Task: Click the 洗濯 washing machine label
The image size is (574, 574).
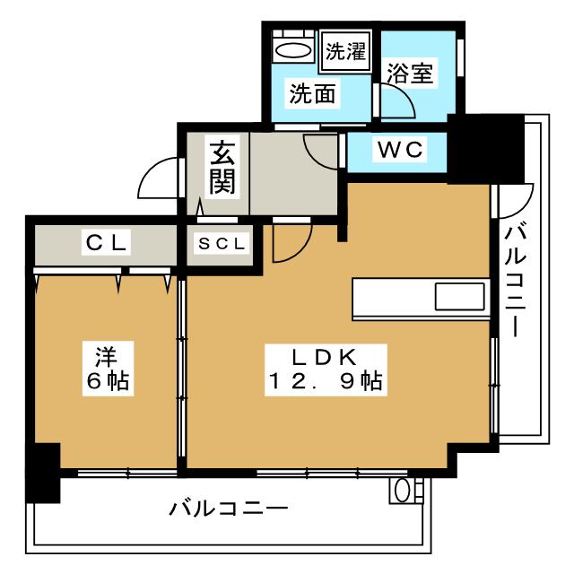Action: pos(345,51)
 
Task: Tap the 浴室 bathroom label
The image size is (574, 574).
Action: pos(410,74)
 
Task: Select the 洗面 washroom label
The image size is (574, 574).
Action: pos(312,93)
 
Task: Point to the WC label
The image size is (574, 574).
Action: pos(400,150)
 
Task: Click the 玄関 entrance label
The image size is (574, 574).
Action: pos(222,168)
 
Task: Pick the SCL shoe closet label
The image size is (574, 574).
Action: pos(222,244)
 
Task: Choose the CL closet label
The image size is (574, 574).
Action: pos(106,242)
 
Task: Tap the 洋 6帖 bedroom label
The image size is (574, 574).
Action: pos(108,369)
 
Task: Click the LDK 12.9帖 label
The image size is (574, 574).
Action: pos(326,370)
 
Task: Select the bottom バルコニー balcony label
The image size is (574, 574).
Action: pos(229,509)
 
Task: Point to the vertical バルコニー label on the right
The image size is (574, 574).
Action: pos(516,282)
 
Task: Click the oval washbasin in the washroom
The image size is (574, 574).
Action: pos(292,50)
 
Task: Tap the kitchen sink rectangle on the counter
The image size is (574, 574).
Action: pos(460,297)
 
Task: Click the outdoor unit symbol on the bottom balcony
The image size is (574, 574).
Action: pos(406,491)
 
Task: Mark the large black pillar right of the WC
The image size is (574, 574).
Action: pos(486,148)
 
